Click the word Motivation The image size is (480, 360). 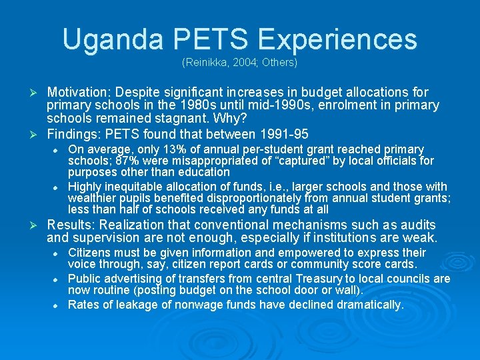click(79, 92)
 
